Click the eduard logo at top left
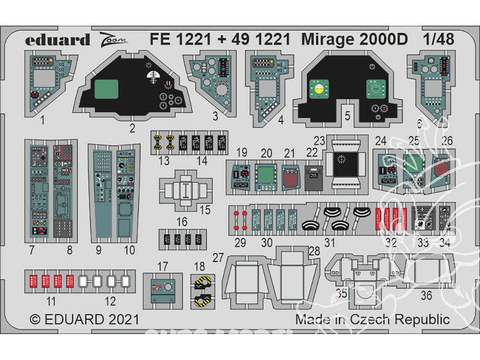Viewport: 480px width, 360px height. tap(58, 39)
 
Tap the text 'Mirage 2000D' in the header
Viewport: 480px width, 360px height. tap(354, 39)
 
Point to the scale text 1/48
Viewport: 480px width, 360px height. tap(438, 39)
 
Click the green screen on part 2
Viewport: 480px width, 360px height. tap(106, 91)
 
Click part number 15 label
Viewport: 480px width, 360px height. tap(205, 210)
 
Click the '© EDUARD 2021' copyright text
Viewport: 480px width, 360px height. tap(84, 319)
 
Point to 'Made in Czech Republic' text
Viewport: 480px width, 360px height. tap(372, 319)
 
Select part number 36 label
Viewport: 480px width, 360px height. tap(426, 296)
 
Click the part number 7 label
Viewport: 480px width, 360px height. tap(31, 250)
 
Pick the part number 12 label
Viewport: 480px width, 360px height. tap(110, 301)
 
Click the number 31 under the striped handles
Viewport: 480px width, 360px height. tap(329, 242)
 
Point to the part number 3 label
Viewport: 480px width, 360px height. tap(215, 116)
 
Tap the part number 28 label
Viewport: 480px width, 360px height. tap(314, 252)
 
